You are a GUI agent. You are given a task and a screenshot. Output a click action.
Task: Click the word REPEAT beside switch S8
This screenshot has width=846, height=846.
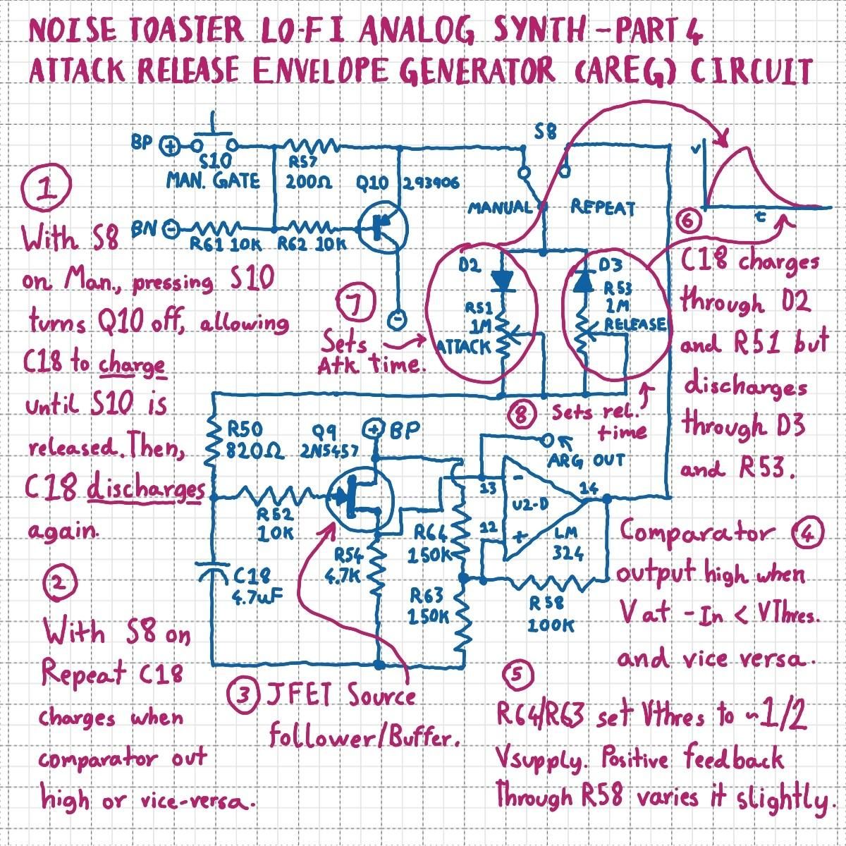tap(602, 208)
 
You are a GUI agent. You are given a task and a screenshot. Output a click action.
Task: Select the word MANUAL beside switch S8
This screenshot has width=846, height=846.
tap(500, 208)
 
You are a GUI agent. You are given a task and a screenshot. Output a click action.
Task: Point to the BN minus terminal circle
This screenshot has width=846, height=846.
tap(170, 228)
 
